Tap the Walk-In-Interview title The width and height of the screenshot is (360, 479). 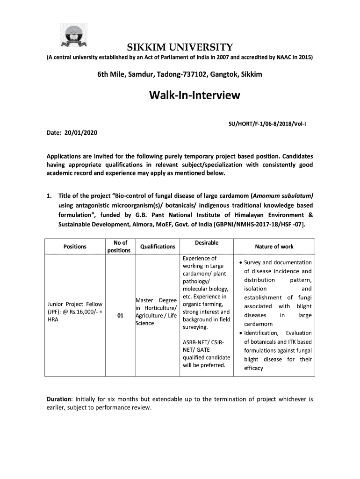coord(194,96)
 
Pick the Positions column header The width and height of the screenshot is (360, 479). coord(74,247)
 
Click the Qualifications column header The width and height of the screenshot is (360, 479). coord(158,247)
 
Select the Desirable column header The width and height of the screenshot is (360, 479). coord(206,243)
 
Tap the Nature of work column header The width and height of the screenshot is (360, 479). coord(274,247)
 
